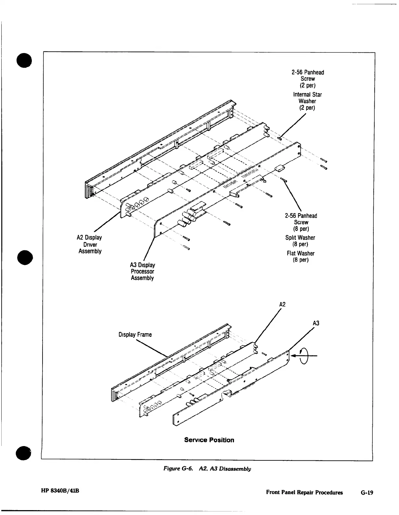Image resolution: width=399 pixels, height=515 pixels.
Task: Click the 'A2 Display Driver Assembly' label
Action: [90, 244]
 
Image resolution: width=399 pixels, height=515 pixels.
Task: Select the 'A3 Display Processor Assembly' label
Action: [143, 271]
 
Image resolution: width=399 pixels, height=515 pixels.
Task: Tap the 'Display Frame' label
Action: [135, 335]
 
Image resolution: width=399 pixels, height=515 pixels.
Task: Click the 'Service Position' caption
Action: [209, 440]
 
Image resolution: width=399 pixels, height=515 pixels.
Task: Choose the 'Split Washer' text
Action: [300, 238]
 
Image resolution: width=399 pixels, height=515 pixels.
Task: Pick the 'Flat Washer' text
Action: [301, 253]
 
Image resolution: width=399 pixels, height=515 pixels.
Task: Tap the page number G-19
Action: [367, 493]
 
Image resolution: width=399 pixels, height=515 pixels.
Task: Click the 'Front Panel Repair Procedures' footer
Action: [304, 493]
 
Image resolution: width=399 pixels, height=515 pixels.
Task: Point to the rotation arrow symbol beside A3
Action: [304, 355]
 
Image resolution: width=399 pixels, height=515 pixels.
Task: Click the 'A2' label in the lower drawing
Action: [282, 304]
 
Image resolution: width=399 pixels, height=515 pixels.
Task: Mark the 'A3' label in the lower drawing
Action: [316, 323]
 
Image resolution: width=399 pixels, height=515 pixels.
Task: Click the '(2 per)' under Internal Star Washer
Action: [307, 108]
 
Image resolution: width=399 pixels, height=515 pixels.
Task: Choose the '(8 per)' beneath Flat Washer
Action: [301, 260]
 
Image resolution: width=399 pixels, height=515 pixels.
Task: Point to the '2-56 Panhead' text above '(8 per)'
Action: [301, 216]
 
